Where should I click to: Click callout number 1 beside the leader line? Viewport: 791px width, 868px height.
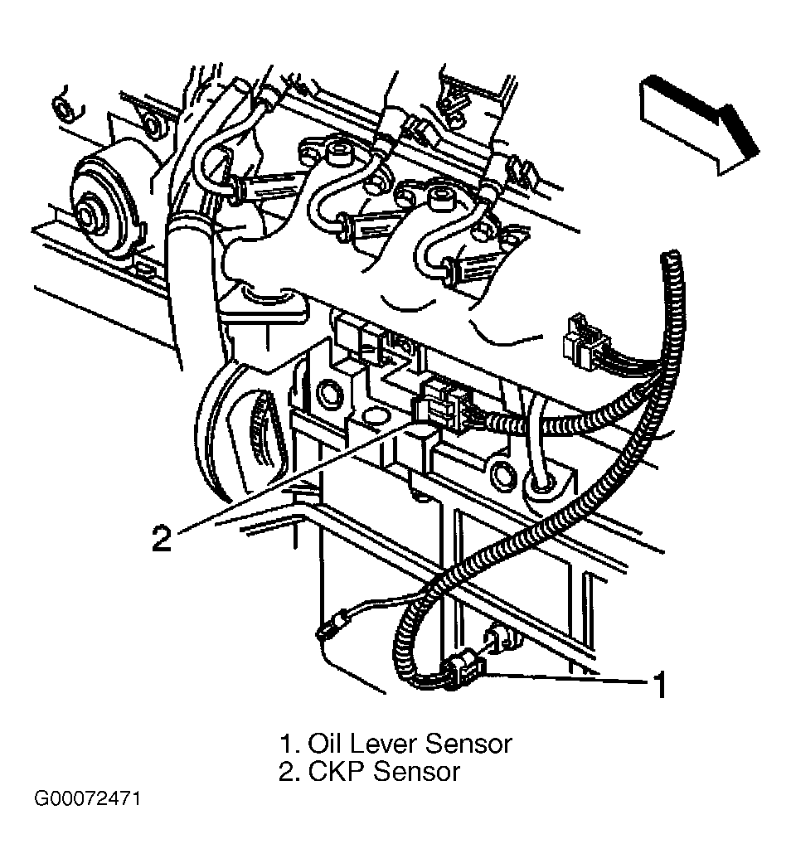coord(660,685)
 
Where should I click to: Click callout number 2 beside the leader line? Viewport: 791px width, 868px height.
coord(162,537)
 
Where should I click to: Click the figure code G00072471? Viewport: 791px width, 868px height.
coord(87,799)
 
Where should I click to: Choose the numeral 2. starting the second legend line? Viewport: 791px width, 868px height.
coord(290,771)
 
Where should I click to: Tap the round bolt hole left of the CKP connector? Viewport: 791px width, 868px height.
coord(328,394)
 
